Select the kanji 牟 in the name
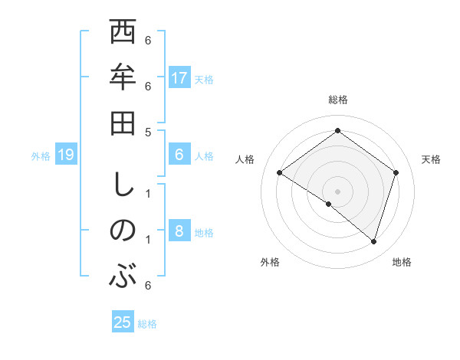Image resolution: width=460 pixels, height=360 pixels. pos(123,79)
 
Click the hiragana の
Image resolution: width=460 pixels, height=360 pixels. pos(123,231)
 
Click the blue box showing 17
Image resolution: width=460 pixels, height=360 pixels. pos(179,78)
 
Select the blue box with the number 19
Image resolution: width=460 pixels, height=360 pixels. pos(66,155)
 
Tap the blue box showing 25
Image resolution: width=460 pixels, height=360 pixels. pos(123,322)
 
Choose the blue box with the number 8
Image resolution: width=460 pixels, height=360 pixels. pos(179,232)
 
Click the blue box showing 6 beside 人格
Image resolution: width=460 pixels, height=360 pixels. pos(179,155)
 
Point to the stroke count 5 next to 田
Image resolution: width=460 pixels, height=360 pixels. pos(148,131)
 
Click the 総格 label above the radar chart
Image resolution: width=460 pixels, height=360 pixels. pos(337,100)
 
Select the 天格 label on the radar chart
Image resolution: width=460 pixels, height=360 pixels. pos(431,159)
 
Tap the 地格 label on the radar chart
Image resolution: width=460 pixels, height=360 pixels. pos(402,262)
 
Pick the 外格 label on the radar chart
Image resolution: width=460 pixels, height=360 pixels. pos(270,262)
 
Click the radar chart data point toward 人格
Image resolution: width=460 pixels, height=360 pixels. pos(279,173)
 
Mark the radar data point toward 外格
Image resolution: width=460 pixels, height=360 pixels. pos(329,204)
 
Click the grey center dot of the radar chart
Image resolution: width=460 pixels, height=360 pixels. pos(337,191)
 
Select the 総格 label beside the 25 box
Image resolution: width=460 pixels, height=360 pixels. pos(147,323)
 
